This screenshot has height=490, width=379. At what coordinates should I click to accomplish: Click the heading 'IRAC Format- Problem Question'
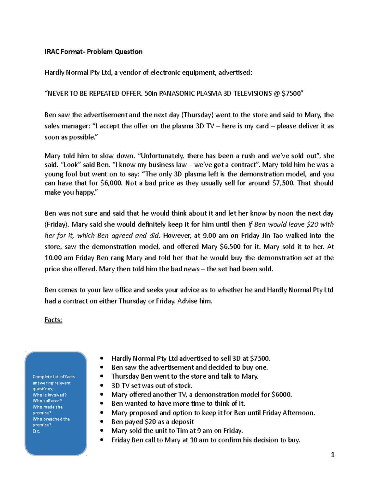tap(93, 52)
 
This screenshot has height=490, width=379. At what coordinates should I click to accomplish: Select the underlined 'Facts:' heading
tap(53, 320)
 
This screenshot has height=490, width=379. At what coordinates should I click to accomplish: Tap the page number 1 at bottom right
tap(332, 455)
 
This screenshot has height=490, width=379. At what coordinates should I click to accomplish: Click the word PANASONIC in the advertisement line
tap(177, 94)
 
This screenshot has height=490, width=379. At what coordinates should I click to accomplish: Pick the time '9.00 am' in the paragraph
tap(216, 236)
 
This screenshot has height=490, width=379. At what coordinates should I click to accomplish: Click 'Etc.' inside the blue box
tap(36, 431)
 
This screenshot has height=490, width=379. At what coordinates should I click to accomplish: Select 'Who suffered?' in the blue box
tap(47, 401)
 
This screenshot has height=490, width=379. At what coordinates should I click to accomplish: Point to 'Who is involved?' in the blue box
tap(50, 395)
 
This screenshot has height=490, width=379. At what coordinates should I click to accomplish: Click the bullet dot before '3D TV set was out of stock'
tap(101, 386)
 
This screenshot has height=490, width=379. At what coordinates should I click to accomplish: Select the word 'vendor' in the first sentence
tap(130, 73)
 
